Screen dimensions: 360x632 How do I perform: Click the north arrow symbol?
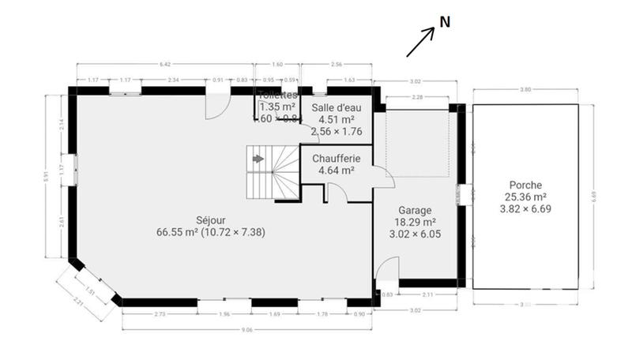[421, 42]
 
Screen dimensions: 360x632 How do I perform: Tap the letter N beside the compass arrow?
[445, 23]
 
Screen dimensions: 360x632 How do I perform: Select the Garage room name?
[414, 211]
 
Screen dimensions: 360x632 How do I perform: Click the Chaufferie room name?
[337, 159]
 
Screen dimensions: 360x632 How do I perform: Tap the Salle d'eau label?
[337, 107]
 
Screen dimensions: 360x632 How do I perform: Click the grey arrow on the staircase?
[258, 159]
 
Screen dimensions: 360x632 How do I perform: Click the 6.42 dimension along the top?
[165, 63]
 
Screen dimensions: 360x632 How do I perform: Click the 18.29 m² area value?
[414, 223]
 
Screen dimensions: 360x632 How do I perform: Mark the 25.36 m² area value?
[525, 197]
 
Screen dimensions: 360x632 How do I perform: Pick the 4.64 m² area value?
[337, 170]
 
